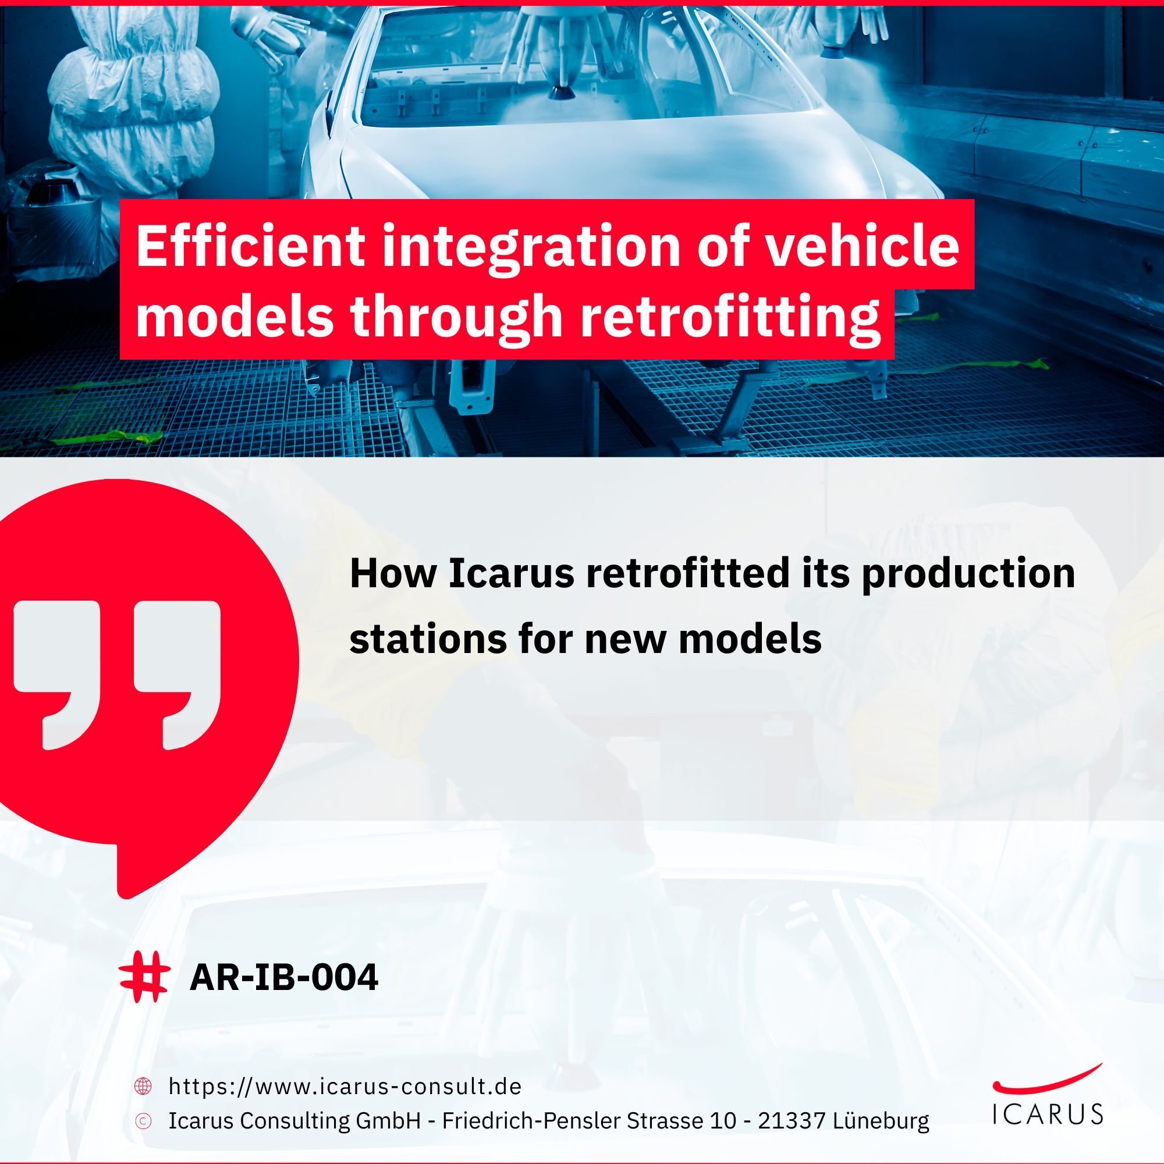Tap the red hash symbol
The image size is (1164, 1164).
tap(144, 977)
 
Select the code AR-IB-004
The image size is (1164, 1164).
tap(284, 977)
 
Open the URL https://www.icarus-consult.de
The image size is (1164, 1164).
tap(345, 1086)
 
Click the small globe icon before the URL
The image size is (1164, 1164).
tap(143, 1086)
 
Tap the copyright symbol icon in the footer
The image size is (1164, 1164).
tap(143, 1120)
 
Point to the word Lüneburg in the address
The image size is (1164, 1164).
tap(881, 1120)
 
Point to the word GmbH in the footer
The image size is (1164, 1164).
tap(388, 1120)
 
